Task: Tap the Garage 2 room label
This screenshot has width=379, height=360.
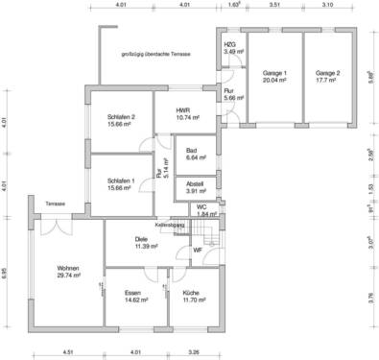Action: coord(329,77)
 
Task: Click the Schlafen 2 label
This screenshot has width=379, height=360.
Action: coord(122,121)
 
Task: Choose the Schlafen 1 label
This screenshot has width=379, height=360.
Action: coord(122,182)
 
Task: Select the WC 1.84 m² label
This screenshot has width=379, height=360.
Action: coord(201,209)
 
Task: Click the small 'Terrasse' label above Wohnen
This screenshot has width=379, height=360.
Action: coord(54,204)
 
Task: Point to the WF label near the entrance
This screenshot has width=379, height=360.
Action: coord(198,250)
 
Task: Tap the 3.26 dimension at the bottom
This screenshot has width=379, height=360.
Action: coord(194,352)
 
